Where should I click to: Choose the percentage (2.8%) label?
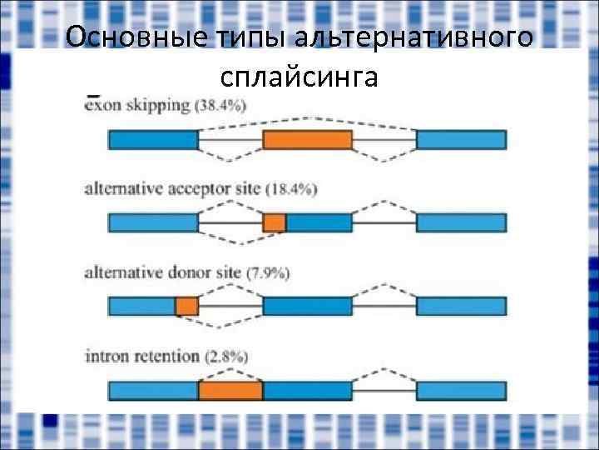226,357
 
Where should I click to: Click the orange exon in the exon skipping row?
307,140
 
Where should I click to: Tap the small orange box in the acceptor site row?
275,222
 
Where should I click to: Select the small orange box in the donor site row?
186,307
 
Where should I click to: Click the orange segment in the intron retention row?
230,390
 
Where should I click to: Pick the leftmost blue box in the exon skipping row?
153,140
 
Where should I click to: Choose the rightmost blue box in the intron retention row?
461,390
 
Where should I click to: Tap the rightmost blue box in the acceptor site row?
461,222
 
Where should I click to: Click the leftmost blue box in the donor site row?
141,307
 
